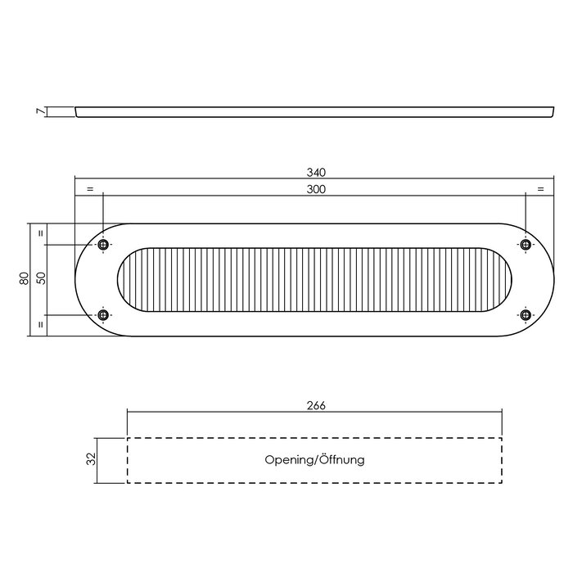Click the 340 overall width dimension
(316, 172)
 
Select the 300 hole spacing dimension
(316, 190)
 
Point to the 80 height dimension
(24, 279)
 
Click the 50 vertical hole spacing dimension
(40, 279)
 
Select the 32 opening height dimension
(92, 460)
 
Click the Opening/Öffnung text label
(314, 460)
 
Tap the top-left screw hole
(103, 245)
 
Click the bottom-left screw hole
(103, 314)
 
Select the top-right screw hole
(526, 245)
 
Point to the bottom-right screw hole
(526, 314)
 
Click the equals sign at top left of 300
(89, 190)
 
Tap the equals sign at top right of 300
(540, 190)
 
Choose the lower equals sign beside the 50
(40, 326)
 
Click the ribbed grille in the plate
(314, 280)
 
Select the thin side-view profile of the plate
(314, 111)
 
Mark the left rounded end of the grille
(131, 280)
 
